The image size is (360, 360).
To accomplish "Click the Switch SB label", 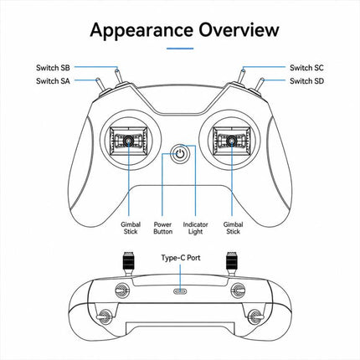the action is (x=53, y=68).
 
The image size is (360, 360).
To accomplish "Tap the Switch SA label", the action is (x=53, y=81).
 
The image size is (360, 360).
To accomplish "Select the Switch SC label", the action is (x=306, y=68).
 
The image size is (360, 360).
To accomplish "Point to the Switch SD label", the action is (x=306, y=81).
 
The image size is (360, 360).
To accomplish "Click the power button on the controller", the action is (x=180, y=153).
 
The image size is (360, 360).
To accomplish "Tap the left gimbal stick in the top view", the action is (x=128, y=141).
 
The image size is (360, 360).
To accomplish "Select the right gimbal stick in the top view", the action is (x=232, y=141).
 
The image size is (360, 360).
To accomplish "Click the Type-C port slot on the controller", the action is (x=180, y=291).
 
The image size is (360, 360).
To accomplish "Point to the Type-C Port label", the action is (x=181, y=258).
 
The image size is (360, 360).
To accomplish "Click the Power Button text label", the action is (x=162, y=228).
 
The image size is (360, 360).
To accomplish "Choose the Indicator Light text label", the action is (x=195, y=228).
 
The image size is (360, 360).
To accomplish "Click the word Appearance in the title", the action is (x=141, y=30).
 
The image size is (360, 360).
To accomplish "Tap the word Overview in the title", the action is (x=239, y=29).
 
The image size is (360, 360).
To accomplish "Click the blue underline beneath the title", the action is (x=180, y=49).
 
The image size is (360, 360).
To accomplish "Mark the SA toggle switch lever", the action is (x=100, y=85).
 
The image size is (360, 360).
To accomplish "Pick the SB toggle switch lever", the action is (x=119, y=76).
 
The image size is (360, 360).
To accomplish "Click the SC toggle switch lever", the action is (x=241, y=76).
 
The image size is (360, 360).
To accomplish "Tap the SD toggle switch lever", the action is (x=260, y=85).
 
